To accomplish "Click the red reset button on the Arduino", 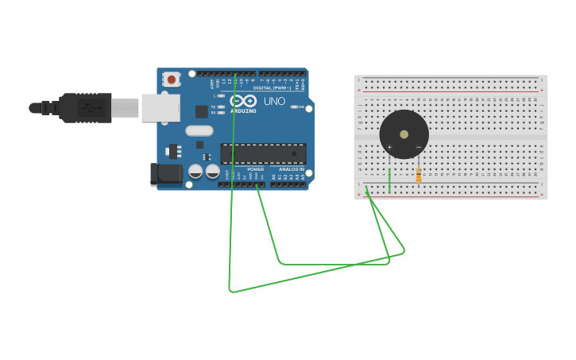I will (171, 79).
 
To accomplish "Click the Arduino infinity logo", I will (244, 101).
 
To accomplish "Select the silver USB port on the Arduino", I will (160, 108).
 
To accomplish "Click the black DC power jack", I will (166, 175).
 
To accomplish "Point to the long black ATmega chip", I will (263, 153).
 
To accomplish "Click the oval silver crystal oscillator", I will (199, 130).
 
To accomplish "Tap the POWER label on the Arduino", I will (255, 169).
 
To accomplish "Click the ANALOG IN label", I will (292, 169).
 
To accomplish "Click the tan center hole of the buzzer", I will (404, 134).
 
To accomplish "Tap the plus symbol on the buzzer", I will (389, 147).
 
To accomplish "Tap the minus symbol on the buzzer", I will (418, 147).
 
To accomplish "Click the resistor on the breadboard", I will (419, 176).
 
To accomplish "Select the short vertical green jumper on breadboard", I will (390, 181).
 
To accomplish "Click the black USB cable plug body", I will (86, 108).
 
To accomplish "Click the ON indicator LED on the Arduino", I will (294, 106).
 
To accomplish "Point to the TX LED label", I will (213, 106).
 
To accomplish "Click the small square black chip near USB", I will (202, 112).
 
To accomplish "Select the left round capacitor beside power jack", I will (195, 171).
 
